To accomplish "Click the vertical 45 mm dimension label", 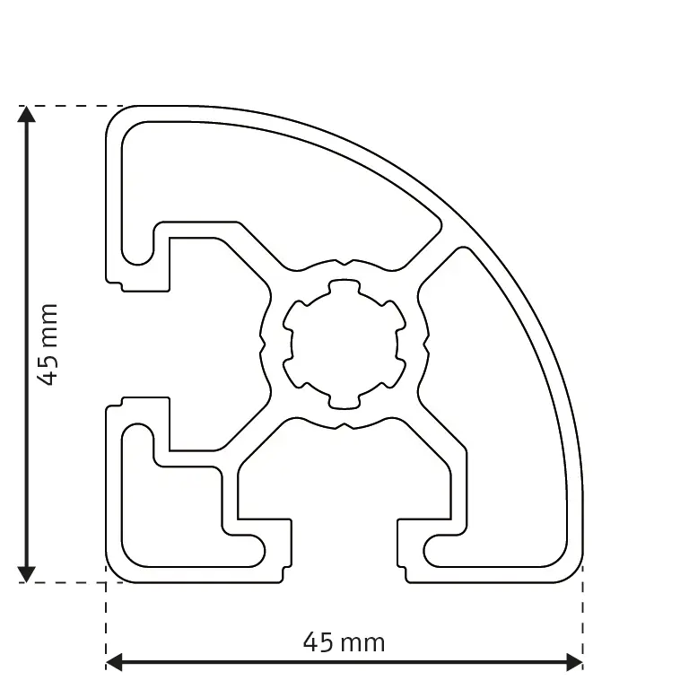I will [x=48, y=344].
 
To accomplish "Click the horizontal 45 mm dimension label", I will [x=344, y=642].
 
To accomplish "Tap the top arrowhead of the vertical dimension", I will [x=27, y=115].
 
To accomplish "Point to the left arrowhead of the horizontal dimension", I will [x=115, y=663].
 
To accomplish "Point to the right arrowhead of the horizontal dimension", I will [x=574, y=663].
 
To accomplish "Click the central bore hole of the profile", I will [x=342, y=344].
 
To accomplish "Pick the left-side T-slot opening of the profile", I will [x=139, y=344].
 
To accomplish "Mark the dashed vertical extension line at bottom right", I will [x=582, y=619].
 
